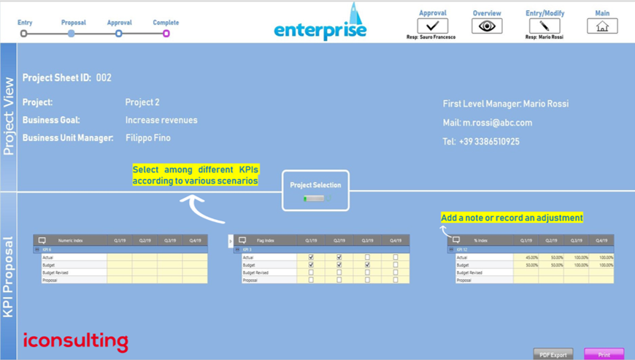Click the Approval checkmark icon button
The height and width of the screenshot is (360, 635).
coord(433,26)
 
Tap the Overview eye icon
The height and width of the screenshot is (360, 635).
coord(487,26)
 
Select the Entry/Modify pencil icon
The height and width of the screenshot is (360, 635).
coord(544,26)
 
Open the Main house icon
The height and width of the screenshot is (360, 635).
coord(602,26)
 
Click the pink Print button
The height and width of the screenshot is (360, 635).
coord(604,354)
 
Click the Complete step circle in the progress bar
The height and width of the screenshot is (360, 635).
coord(166,34)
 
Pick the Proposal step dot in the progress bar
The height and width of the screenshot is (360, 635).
coord(72,34)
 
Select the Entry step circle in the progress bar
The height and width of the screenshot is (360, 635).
coord(24,34)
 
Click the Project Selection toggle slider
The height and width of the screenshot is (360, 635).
coord(315,198)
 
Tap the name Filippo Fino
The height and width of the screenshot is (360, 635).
coord(147,138)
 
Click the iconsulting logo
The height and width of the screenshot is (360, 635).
coord(75,341)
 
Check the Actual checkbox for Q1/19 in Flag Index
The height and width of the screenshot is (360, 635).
coord(311,257)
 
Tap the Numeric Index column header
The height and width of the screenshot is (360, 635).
coord(70,240)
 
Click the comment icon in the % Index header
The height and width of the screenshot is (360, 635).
coord(456,240)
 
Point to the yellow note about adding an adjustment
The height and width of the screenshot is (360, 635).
coord(512,218)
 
